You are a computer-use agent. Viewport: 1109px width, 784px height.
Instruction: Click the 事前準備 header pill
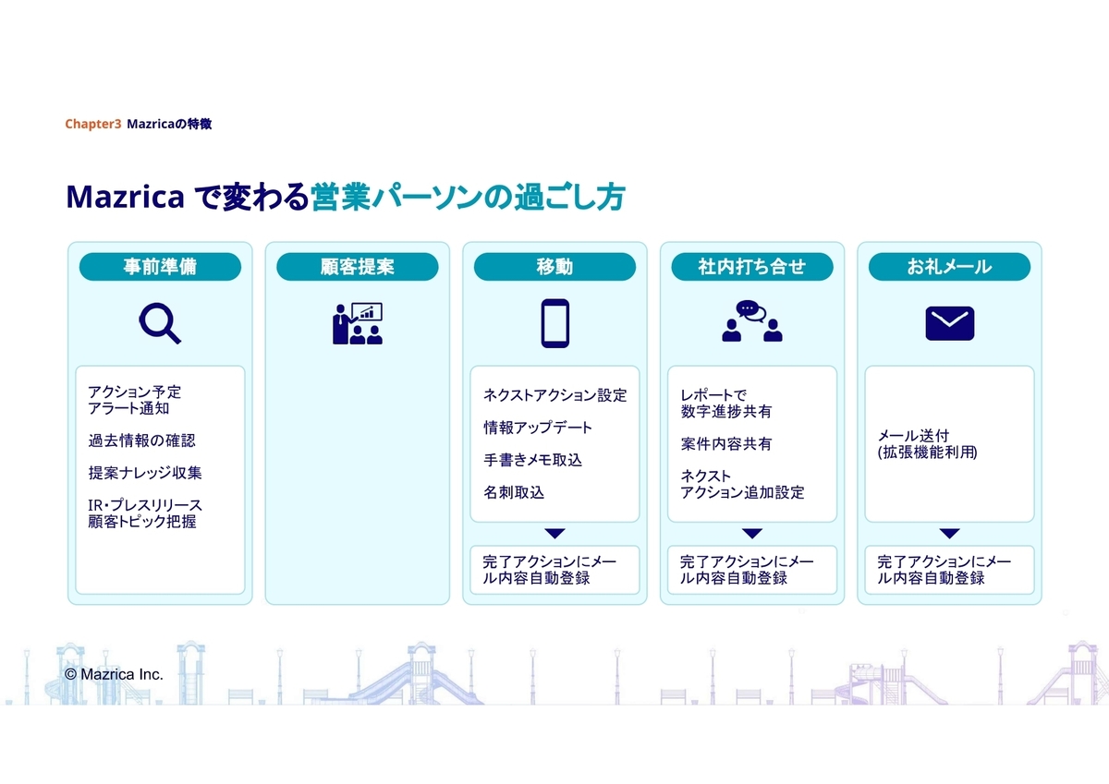tap(160, 267)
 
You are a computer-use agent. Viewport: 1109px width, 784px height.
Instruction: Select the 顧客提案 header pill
tap(358, 267)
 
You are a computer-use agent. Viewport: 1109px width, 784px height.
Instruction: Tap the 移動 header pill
tap(554, 267)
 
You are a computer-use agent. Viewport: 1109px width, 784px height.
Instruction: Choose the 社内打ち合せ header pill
tap(752, 267)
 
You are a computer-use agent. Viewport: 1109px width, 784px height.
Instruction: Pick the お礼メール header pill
tap(949, 267)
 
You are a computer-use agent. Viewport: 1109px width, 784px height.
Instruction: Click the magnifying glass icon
tap(160, 324)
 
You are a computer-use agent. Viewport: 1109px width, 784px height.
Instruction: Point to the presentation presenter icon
tap(358, 324)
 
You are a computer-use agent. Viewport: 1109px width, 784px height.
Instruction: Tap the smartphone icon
tap(554, 324)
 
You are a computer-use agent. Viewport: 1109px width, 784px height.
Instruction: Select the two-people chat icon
tap(752, 322)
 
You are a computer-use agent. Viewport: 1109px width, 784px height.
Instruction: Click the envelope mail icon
tap(949, 324)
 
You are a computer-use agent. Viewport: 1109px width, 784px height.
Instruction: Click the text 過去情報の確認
tap(141, 440)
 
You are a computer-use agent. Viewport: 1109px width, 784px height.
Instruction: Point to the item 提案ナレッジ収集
tap(145, 473)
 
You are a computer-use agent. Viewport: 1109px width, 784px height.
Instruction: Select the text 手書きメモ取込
tap(532, 460)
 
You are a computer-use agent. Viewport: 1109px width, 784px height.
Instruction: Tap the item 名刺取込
tap(514, 492)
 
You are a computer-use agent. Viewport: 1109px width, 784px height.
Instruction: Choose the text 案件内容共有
tap(726, 444)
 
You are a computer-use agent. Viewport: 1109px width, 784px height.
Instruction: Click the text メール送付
tap(913, 435)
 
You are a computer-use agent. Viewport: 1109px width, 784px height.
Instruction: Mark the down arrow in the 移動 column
tap(554, 533)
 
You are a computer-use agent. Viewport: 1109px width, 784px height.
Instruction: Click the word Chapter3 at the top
tap(92, 124)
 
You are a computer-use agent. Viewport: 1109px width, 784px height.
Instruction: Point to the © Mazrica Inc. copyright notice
tap(114, 675)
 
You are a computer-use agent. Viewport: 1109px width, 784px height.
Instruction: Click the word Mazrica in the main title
tap(125, 197)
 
